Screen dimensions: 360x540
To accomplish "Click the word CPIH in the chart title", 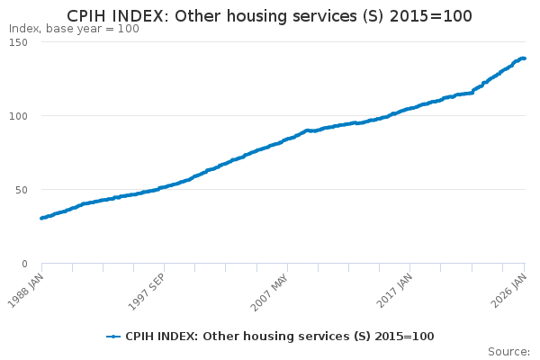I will click(88, 16).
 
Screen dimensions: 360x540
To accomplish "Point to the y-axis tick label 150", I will click(18, 42).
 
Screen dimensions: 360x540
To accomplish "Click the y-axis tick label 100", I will click(18, 116).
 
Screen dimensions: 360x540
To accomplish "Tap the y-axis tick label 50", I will click(21, 190).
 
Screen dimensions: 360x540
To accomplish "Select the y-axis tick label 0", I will click(24, 264).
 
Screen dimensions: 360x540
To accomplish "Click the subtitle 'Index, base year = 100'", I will click(74, 29).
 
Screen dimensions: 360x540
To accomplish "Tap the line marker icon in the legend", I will click(113, 337).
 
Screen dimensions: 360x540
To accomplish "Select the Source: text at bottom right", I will click(508, 351).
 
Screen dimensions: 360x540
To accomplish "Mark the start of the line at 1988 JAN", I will click(41, 218).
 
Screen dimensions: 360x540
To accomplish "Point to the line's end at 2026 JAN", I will click(524, 58).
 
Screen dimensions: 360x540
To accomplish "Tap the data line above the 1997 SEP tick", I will click(164, 187).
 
